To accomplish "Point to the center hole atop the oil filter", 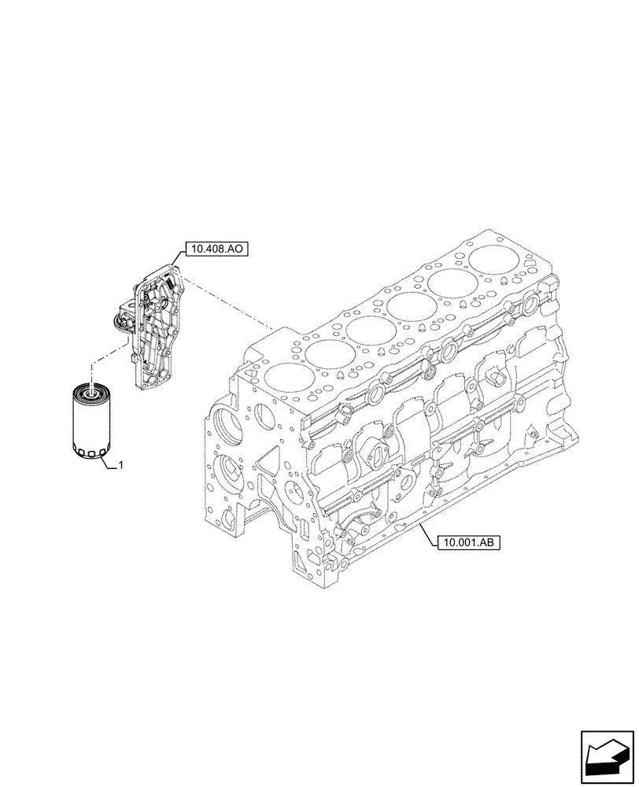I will click(93, 387).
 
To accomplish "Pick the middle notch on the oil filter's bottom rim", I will click(91, 455).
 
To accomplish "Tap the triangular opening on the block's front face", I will click(265, 460).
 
